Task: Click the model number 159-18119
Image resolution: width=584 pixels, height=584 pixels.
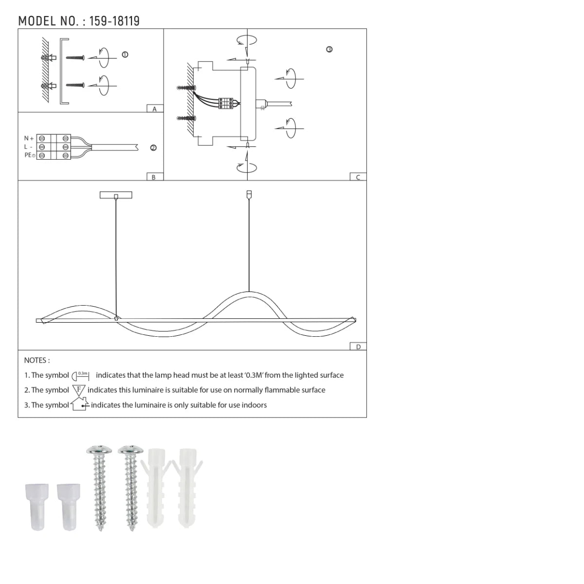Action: (x=114, y=21)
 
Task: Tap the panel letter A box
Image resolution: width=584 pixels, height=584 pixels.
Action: (x=155, y=109)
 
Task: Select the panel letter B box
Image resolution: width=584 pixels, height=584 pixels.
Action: (x=154, y=177)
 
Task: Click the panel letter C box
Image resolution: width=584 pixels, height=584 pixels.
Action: (x=358, y=177)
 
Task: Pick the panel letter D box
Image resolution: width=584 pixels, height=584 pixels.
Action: (x=358, y=347)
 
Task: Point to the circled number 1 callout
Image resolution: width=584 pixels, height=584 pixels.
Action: (x=125, y=55)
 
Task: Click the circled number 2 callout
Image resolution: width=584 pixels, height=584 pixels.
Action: (x=153, y=148)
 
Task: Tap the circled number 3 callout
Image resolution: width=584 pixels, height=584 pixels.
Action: (x=329, y=50)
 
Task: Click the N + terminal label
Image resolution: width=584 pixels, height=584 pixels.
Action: (x=29, y=139)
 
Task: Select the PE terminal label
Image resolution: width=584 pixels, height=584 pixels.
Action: (x=29, y=155)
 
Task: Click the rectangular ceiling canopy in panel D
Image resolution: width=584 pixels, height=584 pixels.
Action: (x=116, y=195)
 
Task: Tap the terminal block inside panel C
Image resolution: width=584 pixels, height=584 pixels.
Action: (x=226, y=103)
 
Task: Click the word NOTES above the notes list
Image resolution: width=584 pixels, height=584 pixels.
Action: (x=36, y=361)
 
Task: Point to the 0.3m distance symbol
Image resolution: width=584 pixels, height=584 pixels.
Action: (x=81, y=376)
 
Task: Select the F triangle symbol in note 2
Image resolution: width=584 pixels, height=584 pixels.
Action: (x=79, y=390)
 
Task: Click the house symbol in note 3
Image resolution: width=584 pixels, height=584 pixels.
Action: (x=79, y=404)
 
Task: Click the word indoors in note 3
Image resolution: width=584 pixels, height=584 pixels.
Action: (x=254, y=405)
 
